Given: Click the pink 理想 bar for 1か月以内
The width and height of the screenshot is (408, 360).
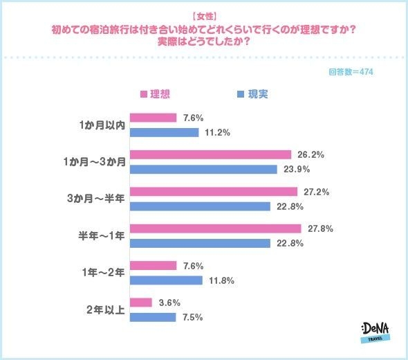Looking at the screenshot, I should pyautogui.click(x=153, y=118).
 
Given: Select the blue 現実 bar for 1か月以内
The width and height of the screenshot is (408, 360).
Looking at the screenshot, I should pyautogui.click(x=164, y=132).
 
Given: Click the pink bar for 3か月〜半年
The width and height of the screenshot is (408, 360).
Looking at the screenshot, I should pyautogui.click(x=213, y=191).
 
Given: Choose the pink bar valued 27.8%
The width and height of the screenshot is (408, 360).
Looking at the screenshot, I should pyautogui.click(x=215, y=228).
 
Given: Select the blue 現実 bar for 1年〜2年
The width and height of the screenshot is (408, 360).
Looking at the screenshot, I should pyautogui.click(x=166, y=280).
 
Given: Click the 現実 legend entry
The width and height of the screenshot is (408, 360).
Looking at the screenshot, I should pyautogui.click(x=252, y=94).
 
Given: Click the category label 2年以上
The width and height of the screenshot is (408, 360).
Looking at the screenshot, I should pyautogui.click(x=106, y=309).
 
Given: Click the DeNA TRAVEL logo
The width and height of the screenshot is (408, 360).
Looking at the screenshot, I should pyautogui.click(x=375, y=332).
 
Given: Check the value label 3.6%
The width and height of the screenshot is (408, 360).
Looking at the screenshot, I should pyautogui.click(x=170, y=303).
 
